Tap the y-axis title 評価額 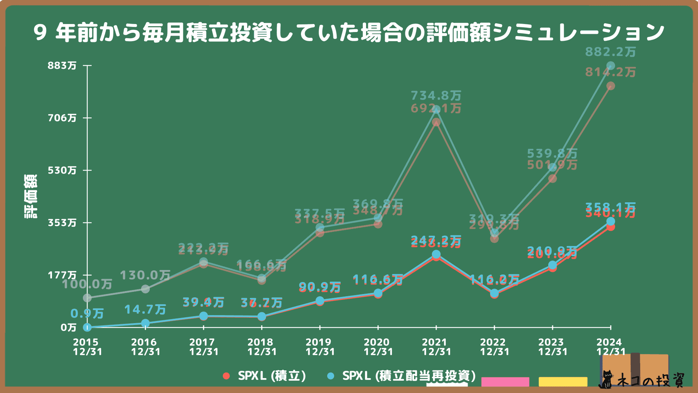(31, 196)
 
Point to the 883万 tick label (62, 65)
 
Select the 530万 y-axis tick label (62, 170)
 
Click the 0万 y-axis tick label (68, 327)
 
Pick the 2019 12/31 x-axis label (320, 347)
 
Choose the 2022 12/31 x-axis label (494, 347)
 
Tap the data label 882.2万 (610, 52)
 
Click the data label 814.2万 (610, 72)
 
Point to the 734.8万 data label (436, 96)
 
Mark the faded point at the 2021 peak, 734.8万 (436, 110)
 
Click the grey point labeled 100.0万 (87, 298)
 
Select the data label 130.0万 (145, 275)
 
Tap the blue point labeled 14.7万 (145, 323)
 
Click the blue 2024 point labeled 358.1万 (611, 222)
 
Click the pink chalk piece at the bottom (505, 382)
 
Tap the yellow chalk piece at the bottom (563, 382)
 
